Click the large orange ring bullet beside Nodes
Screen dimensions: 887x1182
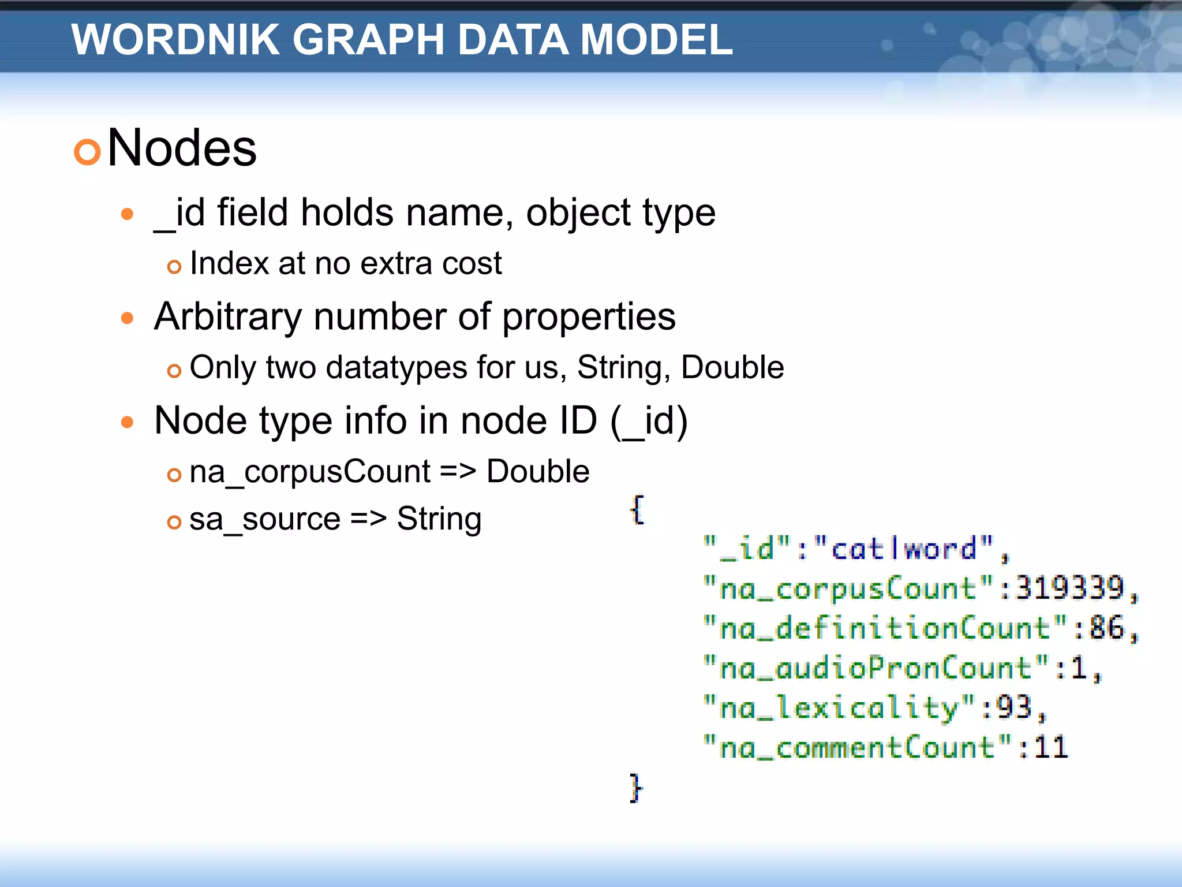point(88,152)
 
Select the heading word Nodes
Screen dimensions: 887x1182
point(182,148)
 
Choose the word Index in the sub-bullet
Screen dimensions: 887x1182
point(230,263)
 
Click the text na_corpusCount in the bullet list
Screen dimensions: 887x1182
point(309,472)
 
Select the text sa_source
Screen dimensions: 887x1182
point(265,519)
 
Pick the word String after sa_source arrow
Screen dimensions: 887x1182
point(439,519)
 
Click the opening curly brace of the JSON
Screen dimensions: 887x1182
point(637,509)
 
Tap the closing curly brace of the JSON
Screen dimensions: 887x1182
point(635,787)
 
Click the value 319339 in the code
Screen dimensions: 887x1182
point(1069,588)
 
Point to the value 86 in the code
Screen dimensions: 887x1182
point(1106,628)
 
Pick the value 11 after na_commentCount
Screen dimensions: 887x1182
point(1051,747)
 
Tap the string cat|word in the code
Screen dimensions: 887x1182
point(903,548)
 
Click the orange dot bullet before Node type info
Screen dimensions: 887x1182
point(128,422)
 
